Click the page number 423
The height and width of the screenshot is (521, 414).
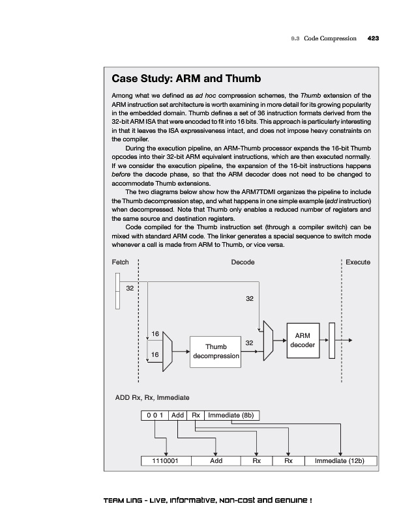click(373, 38)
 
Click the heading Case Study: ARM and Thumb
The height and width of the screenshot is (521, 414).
click(186, 79)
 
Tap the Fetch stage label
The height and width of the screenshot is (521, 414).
click(121, 262)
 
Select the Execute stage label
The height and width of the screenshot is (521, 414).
click(358, 262)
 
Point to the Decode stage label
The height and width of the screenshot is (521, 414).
click(243, 262)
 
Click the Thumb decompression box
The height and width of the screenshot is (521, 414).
click(216, 351)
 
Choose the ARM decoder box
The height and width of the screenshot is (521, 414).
click(303, 339)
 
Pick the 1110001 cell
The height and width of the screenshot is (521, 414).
click(167, 461)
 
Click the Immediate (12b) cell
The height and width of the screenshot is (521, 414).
click(339, 461)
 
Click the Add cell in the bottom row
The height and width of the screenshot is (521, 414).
click(216, 461)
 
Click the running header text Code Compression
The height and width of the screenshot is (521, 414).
click(330, 38)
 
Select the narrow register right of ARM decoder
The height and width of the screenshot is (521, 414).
click(332, 340)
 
